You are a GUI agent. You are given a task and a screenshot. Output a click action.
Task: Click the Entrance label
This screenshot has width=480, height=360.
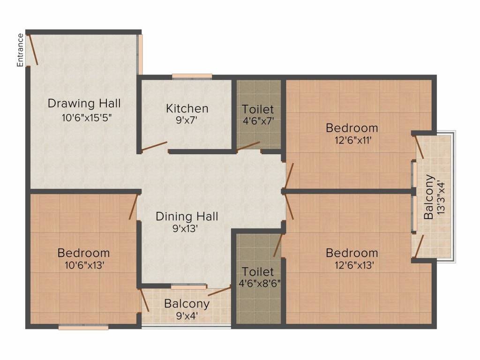coord(20,50)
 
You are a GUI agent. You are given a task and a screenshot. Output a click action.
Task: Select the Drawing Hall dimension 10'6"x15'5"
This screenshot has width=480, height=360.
coord(86,118)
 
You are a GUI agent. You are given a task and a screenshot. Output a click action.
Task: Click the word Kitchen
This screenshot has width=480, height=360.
coord(187,108)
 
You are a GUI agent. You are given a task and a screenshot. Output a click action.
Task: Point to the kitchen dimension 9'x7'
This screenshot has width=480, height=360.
coord(186,120)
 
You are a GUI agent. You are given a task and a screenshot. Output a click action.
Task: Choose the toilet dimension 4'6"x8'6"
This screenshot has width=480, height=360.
coord(260,284)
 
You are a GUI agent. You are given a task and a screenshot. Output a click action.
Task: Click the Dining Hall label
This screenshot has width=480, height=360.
coord(187,217)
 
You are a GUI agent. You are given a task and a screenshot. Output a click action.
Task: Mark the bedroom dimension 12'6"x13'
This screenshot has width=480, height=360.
coord(354,265)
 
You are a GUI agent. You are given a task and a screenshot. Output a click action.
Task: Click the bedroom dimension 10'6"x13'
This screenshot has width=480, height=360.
coord(85,265)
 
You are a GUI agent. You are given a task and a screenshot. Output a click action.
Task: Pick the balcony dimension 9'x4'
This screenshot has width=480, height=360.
coord(187,315)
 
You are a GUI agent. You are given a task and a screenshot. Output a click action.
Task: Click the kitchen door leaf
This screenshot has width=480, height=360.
coord(154,146)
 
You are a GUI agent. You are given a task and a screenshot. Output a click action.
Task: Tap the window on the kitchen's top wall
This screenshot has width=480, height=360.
coord(192,76)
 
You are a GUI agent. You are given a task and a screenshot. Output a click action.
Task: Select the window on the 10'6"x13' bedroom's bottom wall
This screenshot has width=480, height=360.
coord(83,327)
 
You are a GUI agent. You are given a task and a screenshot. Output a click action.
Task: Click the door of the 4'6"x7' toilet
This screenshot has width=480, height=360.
coord(248,146)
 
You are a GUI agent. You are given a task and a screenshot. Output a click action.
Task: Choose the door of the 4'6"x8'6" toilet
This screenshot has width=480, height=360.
coord(277,246)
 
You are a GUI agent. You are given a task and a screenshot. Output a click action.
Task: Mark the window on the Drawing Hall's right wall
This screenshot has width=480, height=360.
coord(139,54)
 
